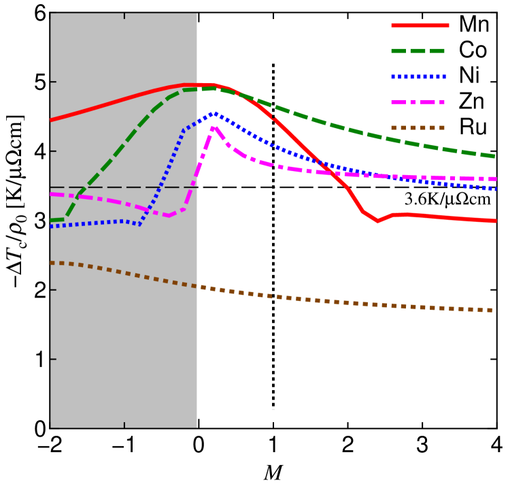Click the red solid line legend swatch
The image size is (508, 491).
[420, 25]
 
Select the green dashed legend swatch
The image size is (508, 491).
[418, 51]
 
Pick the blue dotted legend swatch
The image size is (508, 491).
[418, 77]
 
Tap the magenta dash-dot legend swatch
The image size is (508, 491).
[418, 102]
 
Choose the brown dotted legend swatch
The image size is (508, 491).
[418, 127]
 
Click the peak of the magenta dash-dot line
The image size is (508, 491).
[214, 127]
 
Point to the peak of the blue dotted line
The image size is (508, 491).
[214, 114]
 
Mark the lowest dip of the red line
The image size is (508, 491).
[378, 221]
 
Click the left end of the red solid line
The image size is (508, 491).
[51, 120]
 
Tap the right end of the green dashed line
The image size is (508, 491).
[495, 156]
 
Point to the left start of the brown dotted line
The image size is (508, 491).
[51, 262]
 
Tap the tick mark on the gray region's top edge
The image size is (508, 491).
[124, 16]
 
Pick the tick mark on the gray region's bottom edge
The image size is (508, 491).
[124, 425]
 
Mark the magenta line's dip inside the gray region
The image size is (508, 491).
[168, 215]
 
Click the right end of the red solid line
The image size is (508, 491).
[496, 221]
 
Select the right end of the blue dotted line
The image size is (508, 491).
[496, 189]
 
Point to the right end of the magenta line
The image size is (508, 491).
[496, 179]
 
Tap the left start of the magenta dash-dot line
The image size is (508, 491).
[51, 194]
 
